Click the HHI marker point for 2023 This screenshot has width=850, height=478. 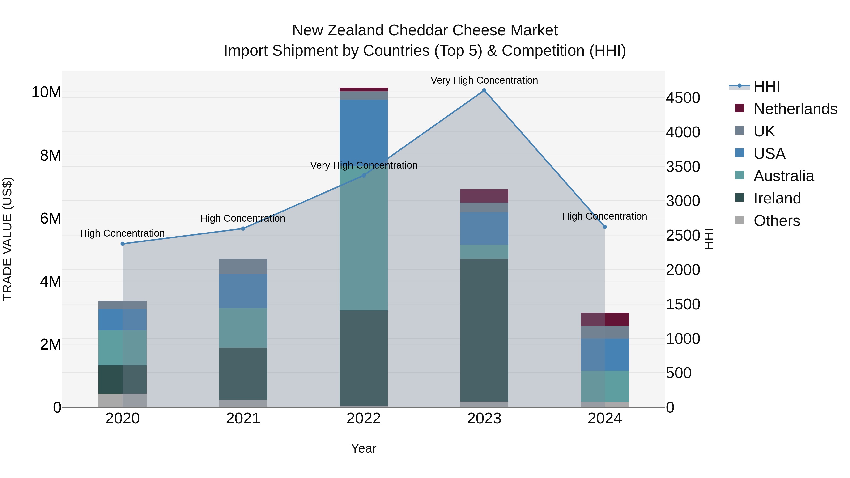pos(484,90)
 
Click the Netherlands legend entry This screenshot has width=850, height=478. pos(795,109)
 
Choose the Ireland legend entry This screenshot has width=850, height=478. pos(777,198)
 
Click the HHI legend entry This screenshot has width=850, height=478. pos(766,86)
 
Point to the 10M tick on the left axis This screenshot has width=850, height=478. pos(46,92)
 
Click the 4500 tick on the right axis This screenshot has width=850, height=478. pos(683,98)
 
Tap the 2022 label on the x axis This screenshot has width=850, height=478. pos(364,419)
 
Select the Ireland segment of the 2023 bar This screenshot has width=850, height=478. pos(484,330)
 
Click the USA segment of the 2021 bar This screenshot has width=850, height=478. pos(243,291)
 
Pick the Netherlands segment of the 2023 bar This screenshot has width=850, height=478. pos(484,196)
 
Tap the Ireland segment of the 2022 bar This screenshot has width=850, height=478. pos(364,358)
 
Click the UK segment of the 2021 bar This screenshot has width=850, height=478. pos(243,266)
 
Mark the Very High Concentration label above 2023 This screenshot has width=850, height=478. pos(484,80)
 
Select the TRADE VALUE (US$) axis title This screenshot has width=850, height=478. pos(7,239)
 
